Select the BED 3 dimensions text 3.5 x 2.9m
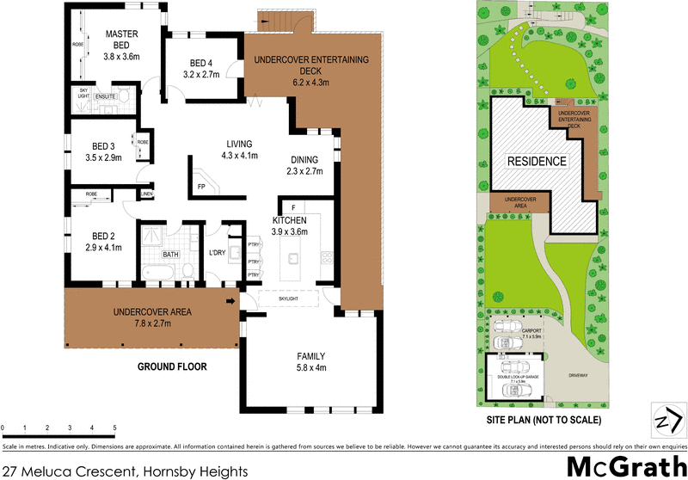coord(103,157)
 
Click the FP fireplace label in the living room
coord(201,186)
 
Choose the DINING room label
coord(304,159)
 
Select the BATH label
coord(170,255)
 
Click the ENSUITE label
coord(106,96)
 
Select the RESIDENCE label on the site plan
coord(536,161)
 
